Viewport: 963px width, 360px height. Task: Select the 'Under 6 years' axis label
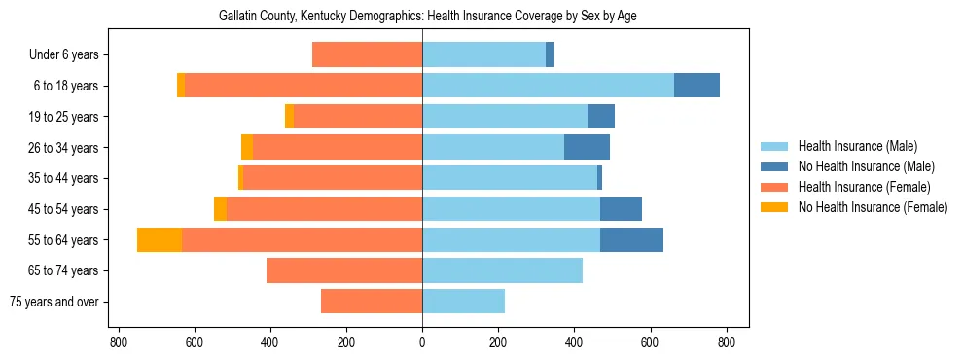[x=70, y=55]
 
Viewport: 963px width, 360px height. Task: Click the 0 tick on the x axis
[x=422, y=342]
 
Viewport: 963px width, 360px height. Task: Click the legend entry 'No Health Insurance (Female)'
[x=872, y=207]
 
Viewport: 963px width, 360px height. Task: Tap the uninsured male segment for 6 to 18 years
[x=696, y=86]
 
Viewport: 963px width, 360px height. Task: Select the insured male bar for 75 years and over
[x=463, y=302]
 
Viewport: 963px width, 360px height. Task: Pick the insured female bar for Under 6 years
[x=367, y=55]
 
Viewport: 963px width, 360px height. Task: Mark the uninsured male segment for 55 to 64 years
[x=631, y=240]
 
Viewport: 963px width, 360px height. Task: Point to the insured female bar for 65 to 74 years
[x=344, y=270]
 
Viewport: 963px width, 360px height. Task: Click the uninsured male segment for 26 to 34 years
[x=587, y=148]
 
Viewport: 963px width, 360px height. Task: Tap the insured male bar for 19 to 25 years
[x=505, y=117]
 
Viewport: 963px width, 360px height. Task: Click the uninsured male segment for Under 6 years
[x=550, y=55]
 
